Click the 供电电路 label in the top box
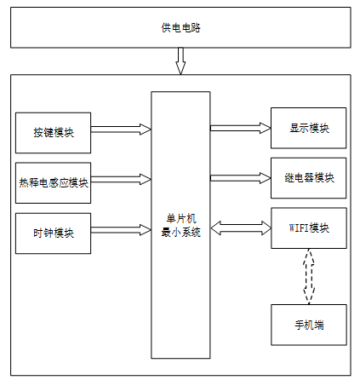click(180, 28)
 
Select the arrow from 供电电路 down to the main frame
click(180, 61)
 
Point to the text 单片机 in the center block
click(181, 219)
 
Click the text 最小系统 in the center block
click(181, 233)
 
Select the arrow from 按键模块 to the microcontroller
click(121, 130)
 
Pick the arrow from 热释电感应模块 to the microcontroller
click(121, 180)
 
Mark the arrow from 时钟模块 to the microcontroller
click(121, 230)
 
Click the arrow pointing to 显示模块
click(241, 128)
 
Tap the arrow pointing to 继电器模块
click(241, 178)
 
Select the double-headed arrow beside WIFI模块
click(241, 228)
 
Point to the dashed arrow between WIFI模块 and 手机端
click(309, 277)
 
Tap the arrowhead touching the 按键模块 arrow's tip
click(146, 130)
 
